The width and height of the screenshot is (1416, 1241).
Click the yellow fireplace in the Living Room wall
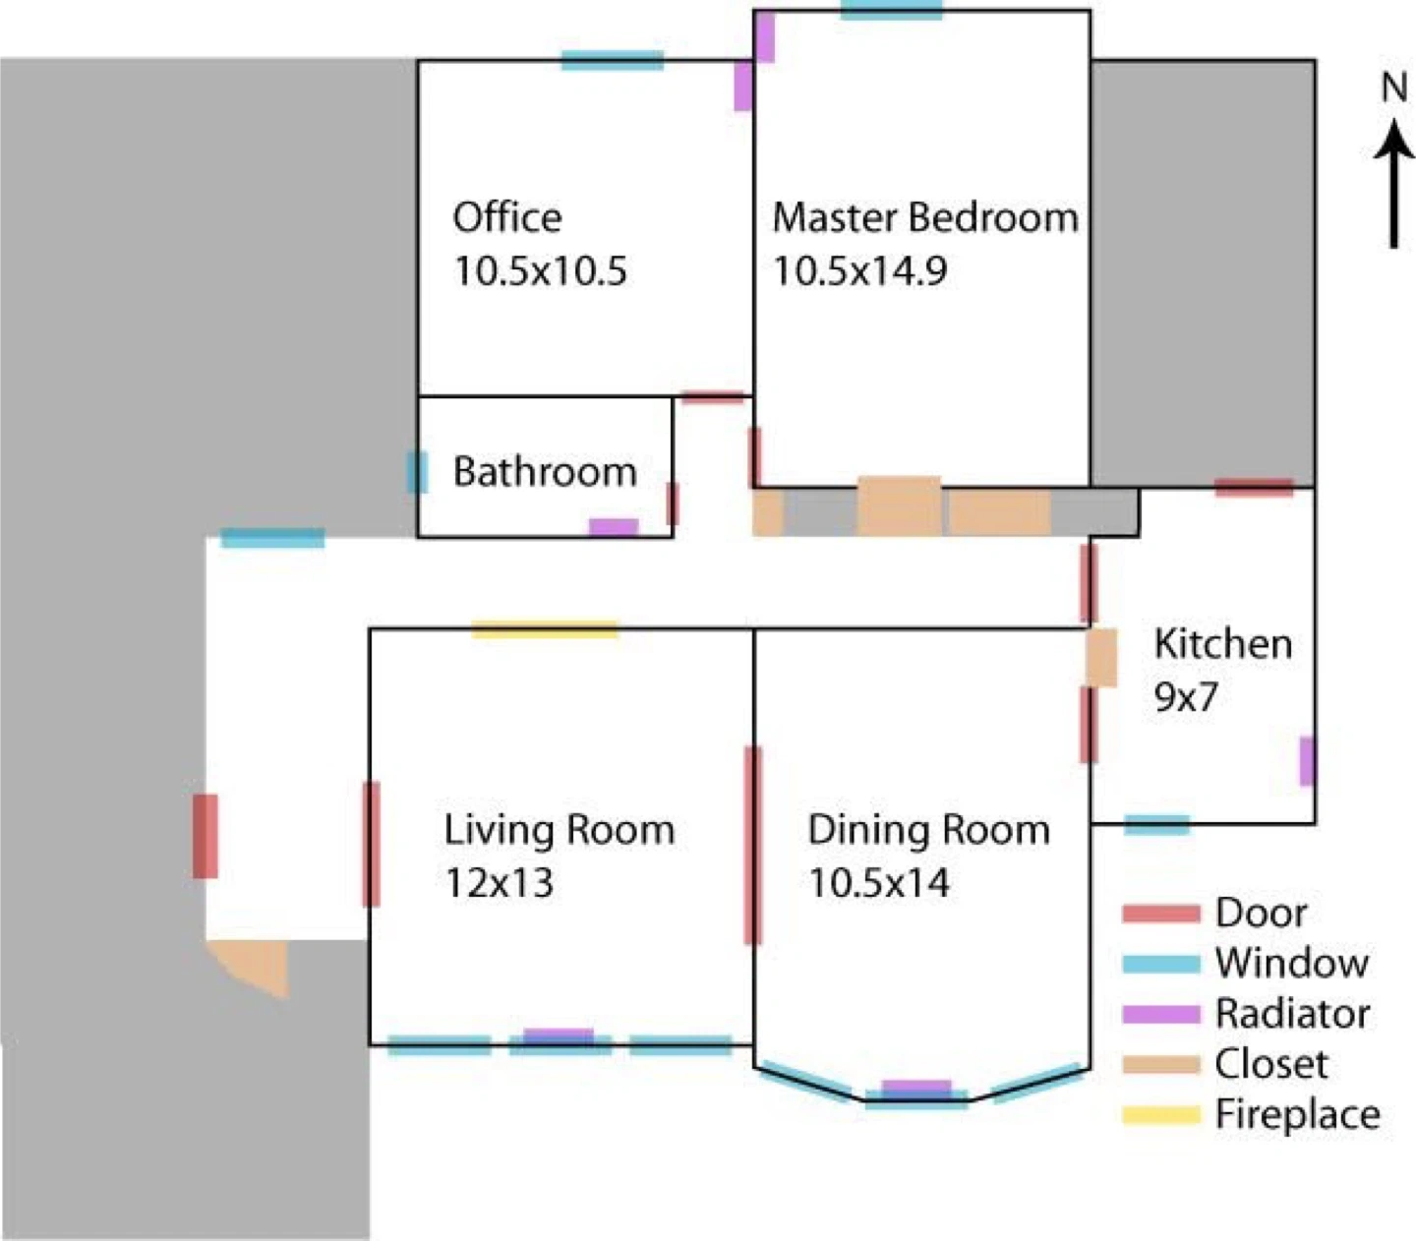[x=545, y=629]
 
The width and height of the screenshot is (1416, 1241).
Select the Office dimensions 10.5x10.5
[x=540, y=270]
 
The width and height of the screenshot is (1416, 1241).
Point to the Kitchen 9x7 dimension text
[x=1186, y=696]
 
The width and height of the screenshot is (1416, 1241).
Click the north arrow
[x=1394, y=183]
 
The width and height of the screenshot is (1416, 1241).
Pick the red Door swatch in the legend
[x=1161, y=914]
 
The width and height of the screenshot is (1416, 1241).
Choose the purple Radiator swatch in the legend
[x=1161, y=1014]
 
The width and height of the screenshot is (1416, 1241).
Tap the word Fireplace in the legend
[x=1298, y=1114]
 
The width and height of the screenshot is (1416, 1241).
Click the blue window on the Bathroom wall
[x=417, y=472]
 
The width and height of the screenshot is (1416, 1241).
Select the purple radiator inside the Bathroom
[x=614, y=527]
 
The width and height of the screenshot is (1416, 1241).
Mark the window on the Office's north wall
[x=613, y=61]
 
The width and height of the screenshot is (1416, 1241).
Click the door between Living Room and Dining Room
[x=752, y=846]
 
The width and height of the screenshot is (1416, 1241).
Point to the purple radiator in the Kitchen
[x=1306, y=761]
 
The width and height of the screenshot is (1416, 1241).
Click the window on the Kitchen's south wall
[x=1156, y=825]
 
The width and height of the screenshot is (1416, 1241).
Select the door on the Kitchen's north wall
[x=1254, y=488]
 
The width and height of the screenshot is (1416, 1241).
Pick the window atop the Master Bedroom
[x=891, y=11]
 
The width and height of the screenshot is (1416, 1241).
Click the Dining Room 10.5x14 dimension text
[x=879, y=882]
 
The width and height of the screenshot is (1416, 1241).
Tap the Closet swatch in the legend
[x=1161, y=1064]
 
